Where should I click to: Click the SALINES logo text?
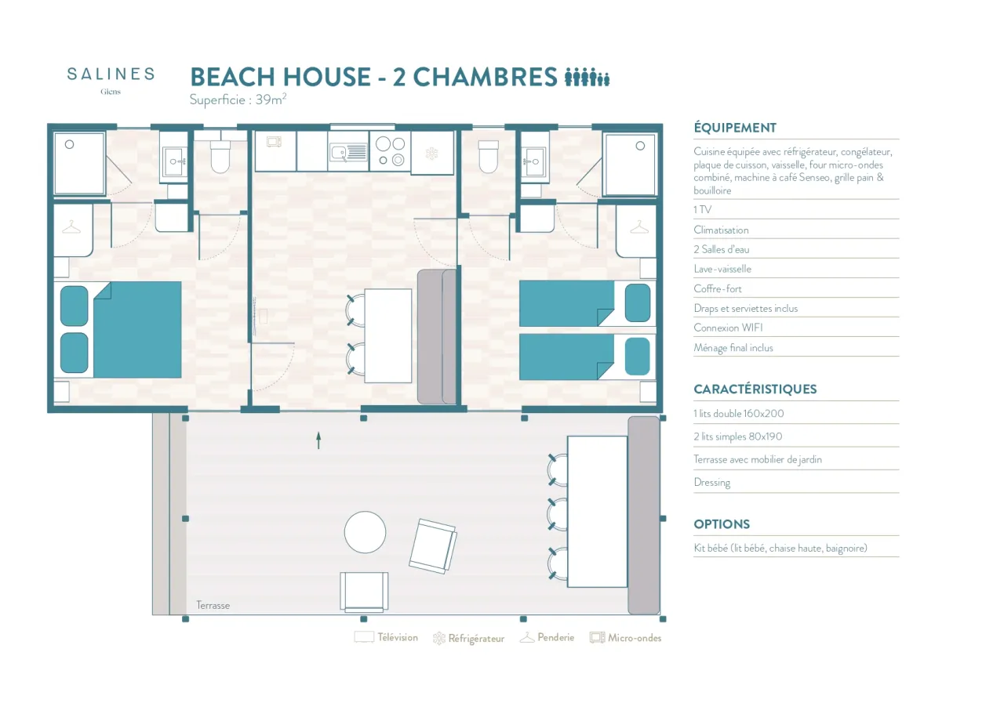tap(111, 74)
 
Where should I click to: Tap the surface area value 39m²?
tap(271, 99)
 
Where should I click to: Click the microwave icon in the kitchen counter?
tap(274, 143)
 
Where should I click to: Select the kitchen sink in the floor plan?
tap(348, 152)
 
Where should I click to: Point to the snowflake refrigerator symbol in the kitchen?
tap(431, 154)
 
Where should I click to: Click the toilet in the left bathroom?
tap(220, 157)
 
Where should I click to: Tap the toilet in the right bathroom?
tap(489, 157)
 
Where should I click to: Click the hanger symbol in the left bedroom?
tap(71, 227)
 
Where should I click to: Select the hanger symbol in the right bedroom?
tap(639, 227)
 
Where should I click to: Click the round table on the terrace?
tap(365, 532)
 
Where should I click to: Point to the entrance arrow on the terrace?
tap(318, 440)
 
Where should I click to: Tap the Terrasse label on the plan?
tap(213, 605)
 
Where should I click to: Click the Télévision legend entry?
tap(386, 637)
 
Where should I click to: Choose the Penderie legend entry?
tap(547, 637)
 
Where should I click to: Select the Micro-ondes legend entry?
tap(626, 637)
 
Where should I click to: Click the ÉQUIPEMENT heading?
tap(735, 128)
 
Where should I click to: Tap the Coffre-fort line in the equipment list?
tap(718, 288)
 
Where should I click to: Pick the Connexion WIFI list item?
tap(728, 328)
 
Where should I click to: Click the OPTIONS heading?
tap(722, 524)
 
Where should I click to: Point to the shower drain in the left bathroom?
tap(70, 145)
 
